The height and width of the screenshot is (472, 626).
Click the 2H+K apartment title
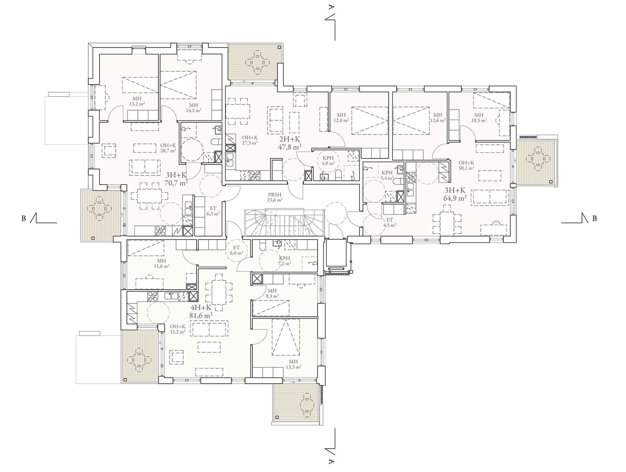[x=290, y=140]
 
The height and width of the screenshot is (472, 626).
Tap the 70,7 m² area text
[x=176, y=183]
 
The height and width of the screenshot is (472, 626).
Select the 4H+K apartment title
[x=201, y=308]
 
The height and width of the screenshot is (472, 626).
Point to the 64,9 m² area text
[x=455, y=198]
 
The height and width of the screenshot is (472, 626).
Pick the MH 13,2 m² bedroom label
[x=137, y=101]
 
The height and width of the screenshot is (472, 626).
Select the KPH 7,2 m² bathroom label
[x=284, y=261]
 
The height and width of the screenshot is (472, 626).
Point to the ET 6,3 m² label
[x=213, y=211]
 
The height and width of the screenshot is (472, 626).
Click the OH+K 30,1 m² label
[x=466, y=165]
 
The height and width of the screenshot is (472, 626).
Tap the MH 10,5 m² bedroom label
[x=479, y=117]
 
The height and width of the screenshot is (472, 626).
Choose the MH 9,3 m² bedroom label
[x=272, y=293]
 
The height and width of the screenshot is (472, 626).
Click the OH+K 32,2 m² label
[x=178, y=329]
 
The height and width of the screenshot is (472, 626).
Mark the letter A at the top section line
[x=331, y=7]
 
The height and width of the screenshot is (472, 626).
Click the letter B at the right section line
[x=594, y=218]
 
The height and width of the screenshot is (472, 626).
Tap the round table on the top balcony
[x=257, y=62]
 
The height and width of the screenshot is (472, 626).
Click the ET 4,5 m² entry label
[x=390, y=222]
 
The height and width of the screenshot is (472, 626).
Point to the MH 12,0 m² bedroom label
[x=341, y=117]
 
